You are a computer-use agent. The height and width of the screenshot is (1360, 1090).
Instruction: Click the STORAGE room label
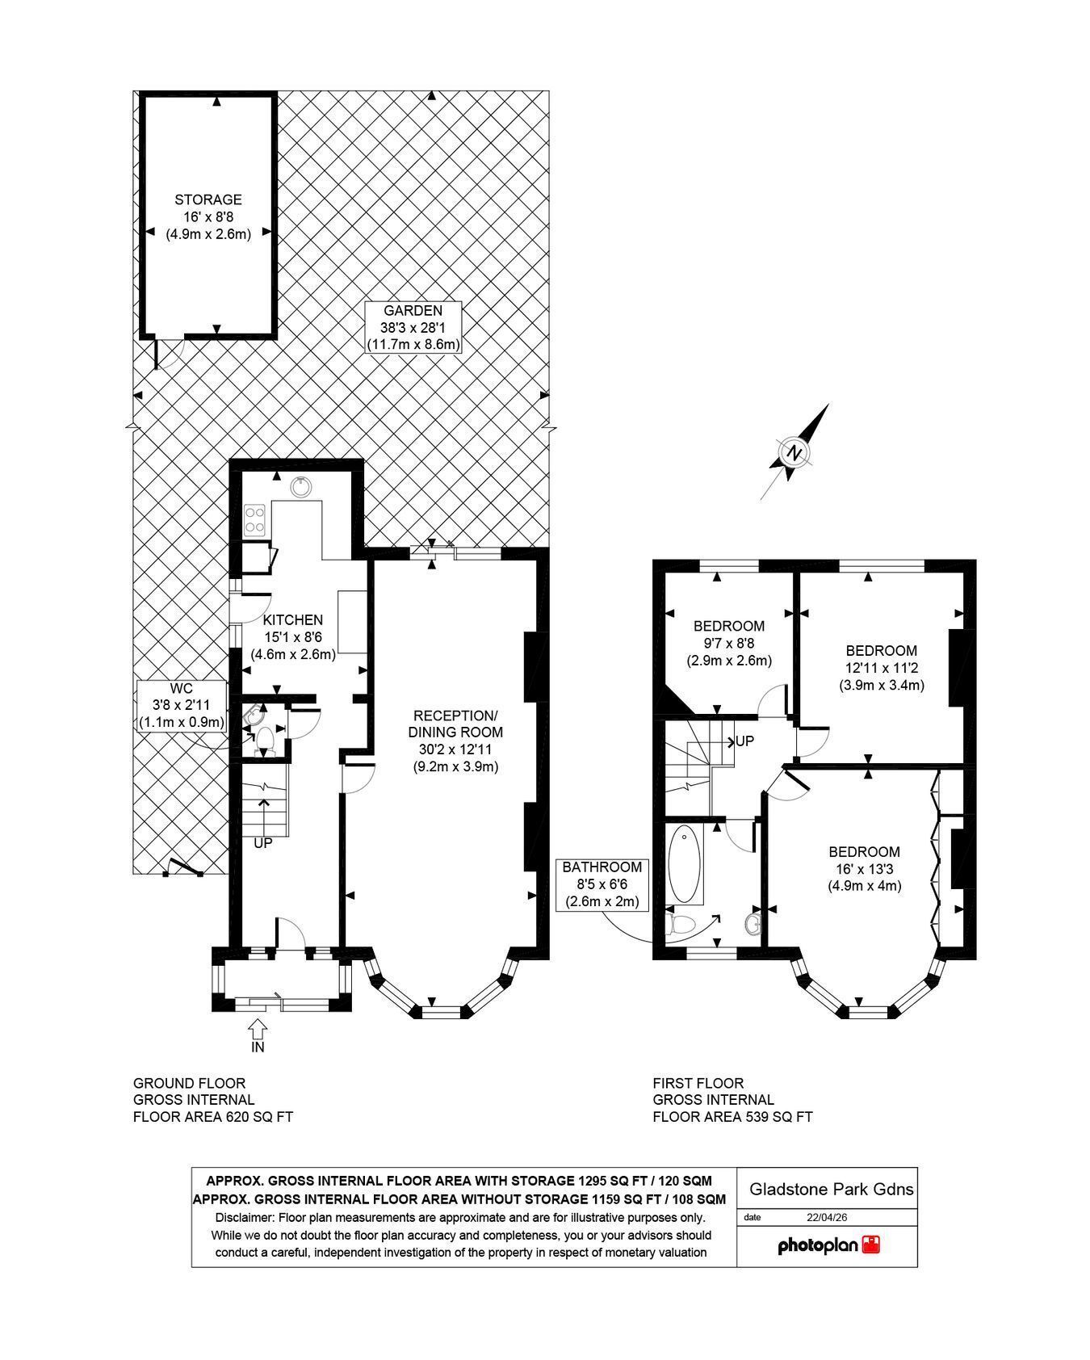(x=208, y=216)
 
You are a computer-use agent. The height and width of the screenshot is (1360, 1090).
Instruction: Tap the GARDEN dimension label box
(x=413, y=327)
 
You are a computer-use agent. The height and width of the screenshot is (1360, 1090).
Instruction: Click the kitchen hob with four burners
(x=255, y=519)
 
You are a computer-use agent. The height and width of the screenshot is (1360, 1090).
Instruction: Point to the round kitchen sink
(x=302, y=485)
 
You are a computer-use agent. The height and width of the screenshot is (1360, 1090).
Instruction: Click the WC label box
(x=182, y=705)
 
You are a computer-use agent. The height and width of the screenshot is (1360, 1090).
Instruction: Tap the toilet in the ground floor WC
(x=263, y=739)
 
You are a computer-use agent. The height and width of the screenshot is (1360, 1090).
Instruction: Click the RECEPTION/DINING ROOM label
(x=456, y=741)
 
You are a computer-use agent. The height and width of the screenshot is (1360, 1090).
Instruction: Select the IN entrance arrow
(x=258, y=1028)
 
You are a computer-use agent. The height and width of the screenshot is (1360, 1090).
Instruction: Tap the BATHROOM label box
(x=602, y=884)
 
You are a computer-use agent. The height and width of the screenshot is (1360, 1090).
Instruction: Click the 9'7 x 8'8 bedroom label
(x=729, y=643)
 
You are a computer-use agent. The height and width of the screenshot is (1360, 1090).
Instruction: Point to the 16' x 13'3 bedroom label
(x=864, y=868)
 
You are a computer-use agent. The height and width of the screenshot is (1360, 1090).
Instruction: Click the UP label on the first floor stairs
(x=744, y=741)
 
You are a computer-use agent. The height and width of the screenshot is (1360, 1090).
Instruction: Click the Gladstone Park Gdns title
(x=832, y=1189)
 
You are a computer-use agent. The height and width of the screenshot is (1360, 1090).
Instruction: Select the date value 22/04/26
(x=828, y=1217)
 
